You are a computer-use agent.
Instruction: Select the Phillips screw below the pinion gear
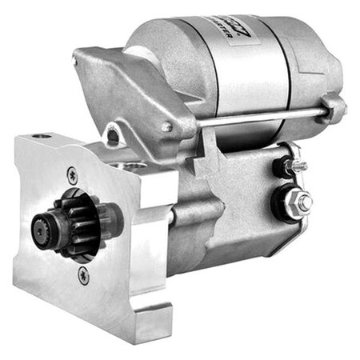pyautogui.click(x=83, y=276)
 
